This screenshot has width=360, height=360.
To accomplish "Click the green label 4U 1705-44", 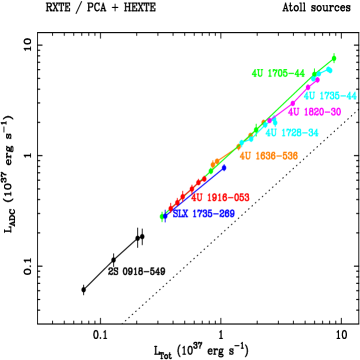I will coord(278,74).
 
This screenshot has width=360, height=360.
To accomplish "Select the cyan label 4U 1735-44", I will coord(330,96).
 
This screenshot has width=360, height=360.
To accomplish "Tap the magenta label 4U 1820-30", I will coord(314,112).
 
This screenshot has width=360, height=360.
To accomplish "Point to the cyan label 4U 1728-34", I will coord(292,133).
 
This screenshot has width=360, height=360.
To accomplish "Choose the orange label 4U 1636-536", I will coord(268,156).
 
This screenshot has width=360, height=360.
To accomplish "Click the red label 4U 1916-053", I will coord(220,198).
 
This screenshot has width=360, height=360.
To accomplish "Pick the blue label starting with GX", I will coord(204,214).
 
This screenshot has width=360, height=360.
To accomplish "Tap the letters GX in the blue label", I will coord(180,214).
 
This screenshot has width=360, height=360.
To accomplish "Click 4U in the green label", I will coord(258,74).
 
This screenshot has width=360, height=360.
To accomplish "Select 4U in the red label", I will coord(197,198).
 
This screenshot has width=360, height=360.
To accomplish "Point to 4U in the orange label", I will coord(246,156).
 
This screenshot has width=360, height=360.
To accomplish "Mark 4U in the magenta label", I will coord(294,112).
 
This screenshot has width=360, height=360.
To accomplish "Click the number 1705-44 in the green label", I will coord(285,74).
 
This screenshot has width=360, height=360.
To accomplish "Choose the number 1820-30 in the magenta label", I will coord(321,112).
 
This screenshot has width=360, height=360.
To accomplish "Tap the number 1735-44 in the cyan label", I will coord(337,96).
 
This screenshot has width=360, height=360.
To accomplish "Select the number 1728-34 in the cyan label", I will coord(299,133).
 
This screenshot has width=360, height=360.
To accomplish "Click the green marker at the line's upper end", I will coord(333,59).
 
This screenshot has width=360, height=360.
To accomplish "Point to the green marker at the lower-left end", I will coord(161,215).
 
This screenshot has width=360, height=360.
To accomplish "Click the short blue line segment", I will coord(214,172).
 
